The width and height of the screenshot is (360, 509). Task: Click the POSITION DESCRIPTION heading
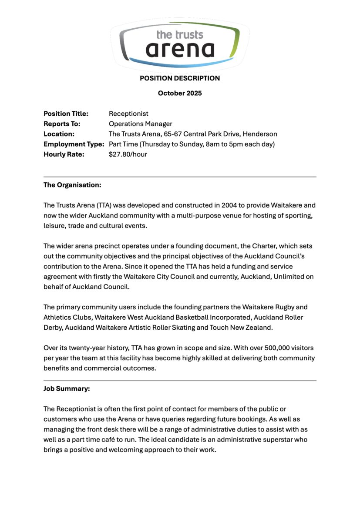pyautogui.click(x=180, y=78)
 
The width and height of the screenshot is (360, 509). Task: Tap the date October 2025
pyautogui.click(x=180, y=93)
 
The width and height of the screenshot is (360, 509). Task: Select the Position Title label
pyautogui.click(x=66, y=114)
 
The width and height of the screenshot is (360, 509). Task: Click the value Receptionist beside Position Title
pyautogui.click(x=128, y=114)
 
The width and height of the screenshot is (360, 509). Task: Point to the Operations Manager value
pyautogui.click(x=141, y=124)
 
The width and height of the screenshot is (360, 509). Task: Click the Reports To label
pyautogui.click(x=62, y=124)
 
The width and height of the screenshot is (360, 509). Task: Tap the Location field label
pyautogui.click(x=59, y=134)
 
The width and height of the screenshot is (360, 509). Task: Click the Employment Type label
pyautogui.click(x=74, y=144)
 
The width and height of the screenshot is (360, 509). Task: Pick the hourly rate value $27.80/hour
pyautogui.click(x=128, y=154)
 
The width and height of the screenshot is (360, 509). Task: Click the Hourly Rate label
pyautogui.click(x=64, y=154)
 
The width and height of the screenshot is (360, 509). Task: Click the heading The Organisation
pyautogui.click(x=72, y=185)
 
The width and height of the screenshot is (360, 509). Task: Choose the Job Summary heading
pyautogui.click(x=67, y=389)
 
